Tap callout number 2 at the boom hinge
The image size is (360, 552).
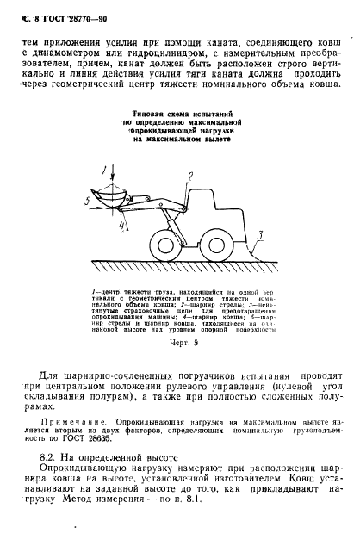188,177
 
